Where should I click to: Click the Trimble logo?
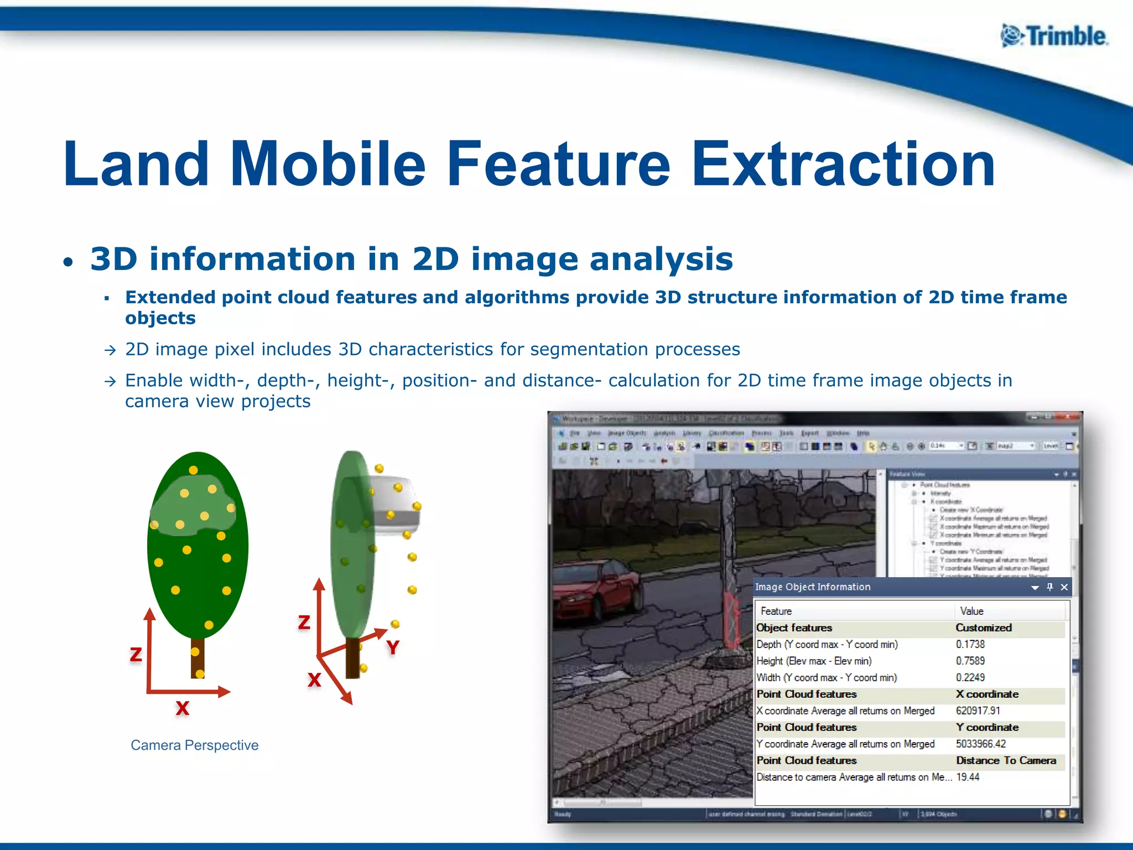1054,37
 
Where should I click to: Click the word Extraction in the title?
843,164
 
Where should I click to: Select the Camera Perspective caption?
194,745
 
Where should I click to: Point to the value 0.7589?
970,661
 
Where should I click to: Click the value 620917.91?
978,711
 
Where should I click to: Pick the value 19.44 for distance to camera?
968,777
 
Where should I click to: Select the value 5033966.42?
980,744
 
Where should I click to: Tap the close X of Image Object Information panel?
1064,587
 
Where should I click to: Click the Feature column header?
776,611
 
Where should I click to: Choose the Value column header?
971,611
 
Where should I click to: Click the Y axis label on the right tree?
393,647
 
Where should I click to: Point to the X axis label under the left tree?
182,708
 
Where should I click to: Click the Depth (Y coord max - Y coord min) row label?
827,644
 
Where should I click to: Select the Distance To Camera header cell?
1005,760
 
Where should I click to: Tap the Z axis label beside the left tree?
136,655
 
